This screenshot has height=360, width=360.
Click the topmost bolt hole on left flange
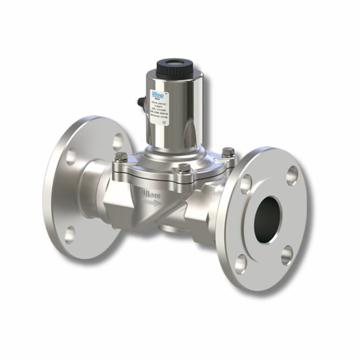click(x=118, y=140)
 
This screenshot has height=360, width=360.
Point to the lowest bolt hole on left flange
click(x=70, y=233)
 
